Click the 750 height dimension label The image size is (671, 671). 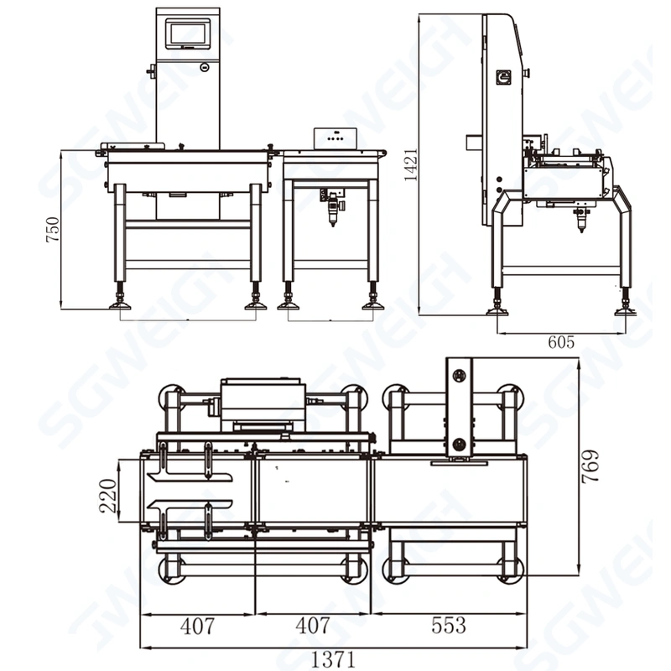pos(53,230)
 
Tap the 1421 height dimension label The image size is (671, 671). pos(410,160)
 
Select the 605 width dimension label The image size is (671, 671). pos(560,342)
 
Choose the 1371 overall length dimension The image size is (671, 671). pos(335,658)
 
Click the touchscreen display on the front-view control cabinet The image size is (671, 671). pos(188,34)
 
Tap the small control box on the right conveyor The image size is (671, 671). pos(335,139)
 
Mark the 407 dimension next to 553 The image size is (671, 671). pos(313,626)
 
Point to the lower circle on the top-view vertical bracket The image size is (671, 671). pos(459,442)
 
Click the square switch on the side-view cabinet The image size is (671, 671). pos(505,77)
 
